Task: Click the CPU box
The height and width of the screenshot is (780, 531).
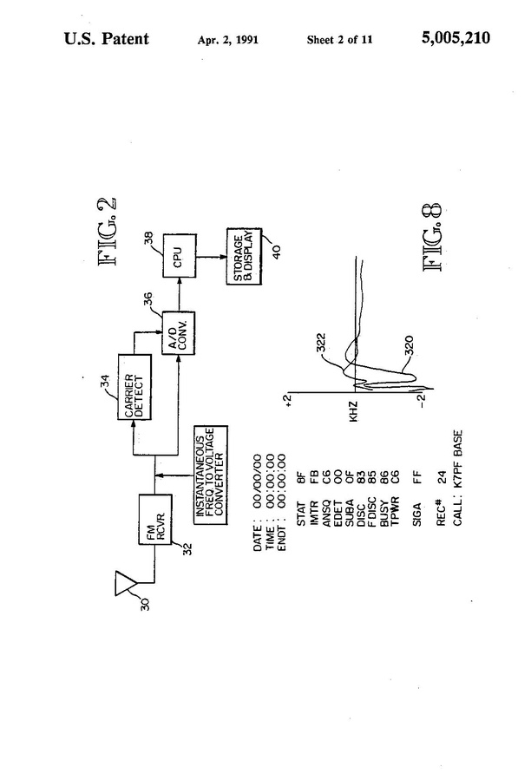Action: (x=180, y=256)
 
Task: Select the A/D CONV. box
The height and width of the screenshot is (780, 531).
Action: (x=179, y=333)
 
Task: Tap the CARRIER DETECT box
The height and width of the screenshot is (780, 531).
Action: (x=134, y=387)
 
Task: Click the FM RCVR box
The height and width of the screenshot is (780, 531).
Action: (x=155, y=520)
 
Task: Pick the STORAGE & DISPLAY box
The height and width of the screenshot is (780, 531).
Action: (x=244, y=256)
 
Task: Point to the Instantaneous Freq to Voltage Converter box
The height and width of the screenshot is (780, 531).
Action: (x=211, y=475)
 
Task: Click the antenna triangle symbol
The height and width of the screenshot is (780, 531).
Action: (x=127, y=583)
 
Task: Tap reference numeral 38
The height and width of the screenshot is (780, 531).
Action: (x=148, y=239)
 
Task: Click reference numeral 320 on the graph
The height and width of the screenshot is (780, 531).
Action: (x=409, y=345)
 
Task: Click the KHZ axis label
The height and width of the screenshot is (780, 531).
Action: (x=353, y=412)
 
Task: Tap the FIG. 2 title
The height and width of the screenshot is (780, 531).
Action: (x=108, y=232)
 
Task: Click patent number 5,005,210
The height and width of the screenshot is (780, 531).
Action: (x=456, y=38)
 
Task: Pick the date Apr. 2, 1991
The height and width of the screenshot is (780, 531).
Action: (x=228, y=40)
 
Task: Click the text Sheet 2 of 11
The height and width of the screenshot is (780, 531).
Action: (x=339, y=40)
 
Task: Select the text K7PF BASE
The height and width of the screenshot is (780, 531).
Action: (x=458, y=458)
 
